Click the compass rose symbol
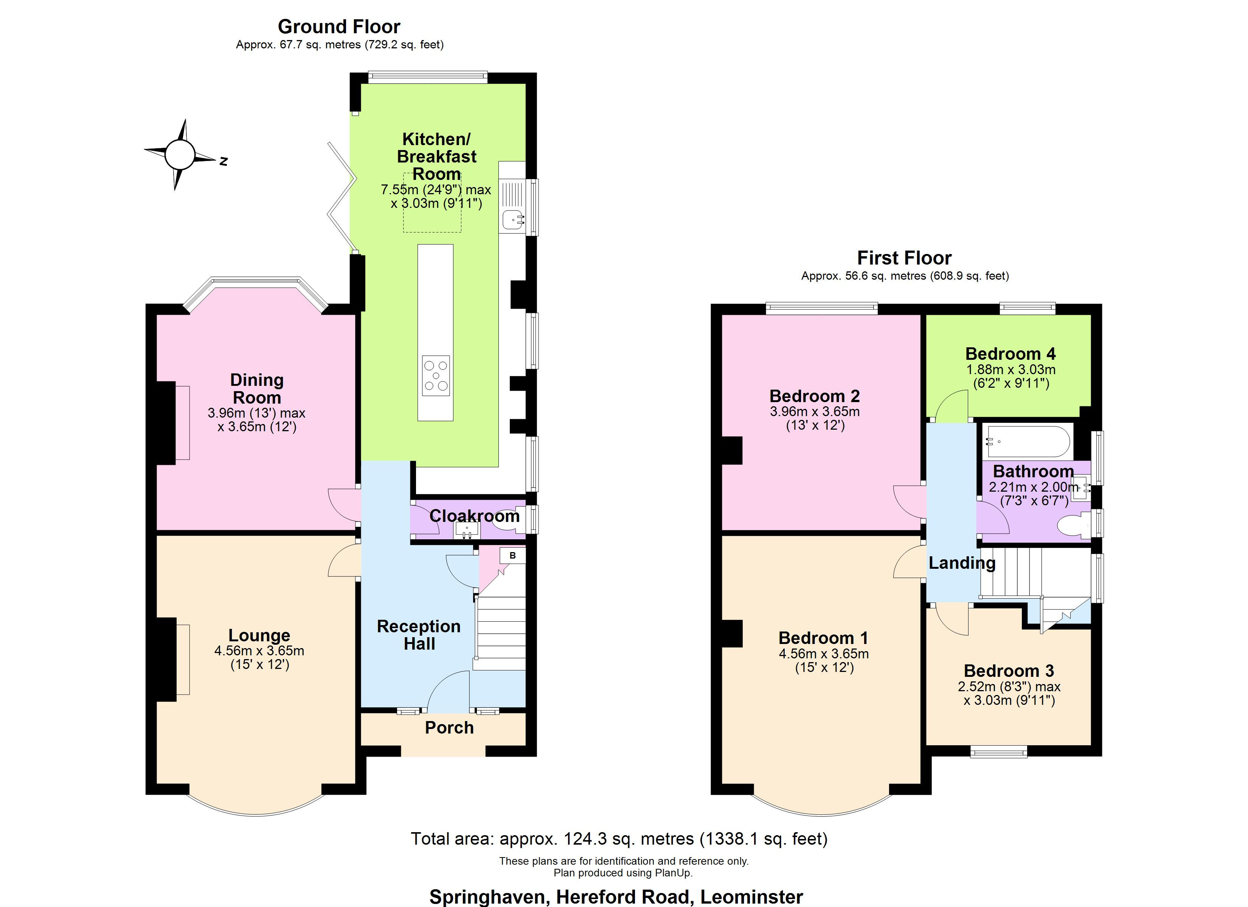pos(180,155)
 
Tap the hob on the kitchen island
pos(436,376)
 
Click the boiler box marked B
pos(512,556)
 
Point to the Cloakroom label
pos(474,516)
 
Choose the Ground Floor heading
pos(339,26)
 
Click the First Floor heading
pos(905,258)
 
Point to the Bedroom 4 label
pos(1011,354)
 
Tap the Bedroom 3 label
pos(1009,671)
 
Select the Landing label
pos(962,563)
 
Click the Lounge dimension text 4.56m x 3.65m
pos(259,651)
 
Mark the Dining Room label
pos(257,388)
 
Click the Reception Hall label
pos(419,635)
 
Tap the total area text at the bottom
pos(619,839)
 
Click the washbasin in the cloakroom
pos(467,530)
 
